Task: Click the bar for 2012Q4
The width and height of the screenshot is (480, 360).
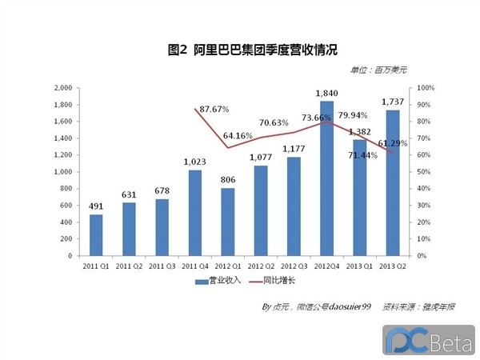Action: [x=326, y=178]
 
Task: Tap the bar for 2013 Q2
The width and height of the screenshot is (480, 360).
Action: [x=392, y=182]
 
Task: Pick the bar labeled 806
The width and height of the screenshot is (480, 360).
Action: [x=227, y=222]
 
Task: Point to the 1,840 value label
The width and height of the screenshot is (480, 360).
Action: [x=326, y=93]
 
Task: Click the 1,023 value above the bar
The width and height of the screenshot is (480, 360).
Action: [x=194, y=162]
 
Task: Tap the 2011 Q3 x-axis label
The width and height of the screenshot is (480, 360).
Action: [x=162, y=265]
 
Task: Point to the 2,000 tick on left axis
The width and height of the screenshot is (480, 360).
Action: [x=62, y=88]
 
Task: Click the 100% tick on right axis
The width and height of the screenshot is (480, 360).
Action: [x=425, y=88]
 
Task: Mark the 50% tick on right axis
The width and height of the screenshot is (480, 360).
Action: [x=423, y=172]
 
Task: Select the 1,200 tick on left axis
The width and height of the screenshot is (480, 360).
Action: [x=62, y=155]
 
